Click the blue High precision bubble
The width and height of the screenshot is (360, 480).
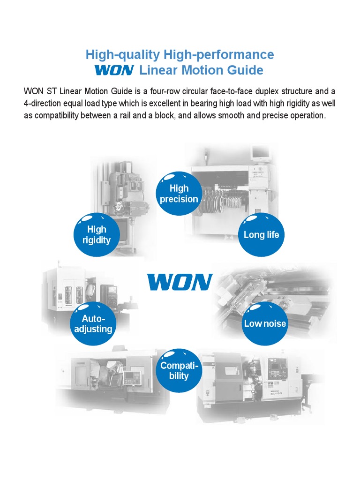click(179, 194)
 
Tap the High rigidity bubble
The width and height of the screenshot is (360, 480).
click(97, 235)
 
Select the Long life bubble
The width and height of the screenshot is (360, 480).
click(261, 235)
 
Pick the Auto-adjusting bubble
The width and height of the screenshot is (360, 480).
click(93, 324)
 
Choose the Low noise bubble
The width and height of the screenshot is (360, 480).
click(265, 323)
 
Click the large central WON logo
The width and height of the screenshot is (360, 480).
click(180, 282)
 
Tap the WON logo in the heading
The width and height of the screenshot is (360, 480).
click(114, 71)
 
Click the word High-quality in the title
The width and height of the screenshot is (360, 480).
click(123, 54)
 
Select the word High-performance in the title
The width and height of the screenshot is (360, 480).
click(218, 54)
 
